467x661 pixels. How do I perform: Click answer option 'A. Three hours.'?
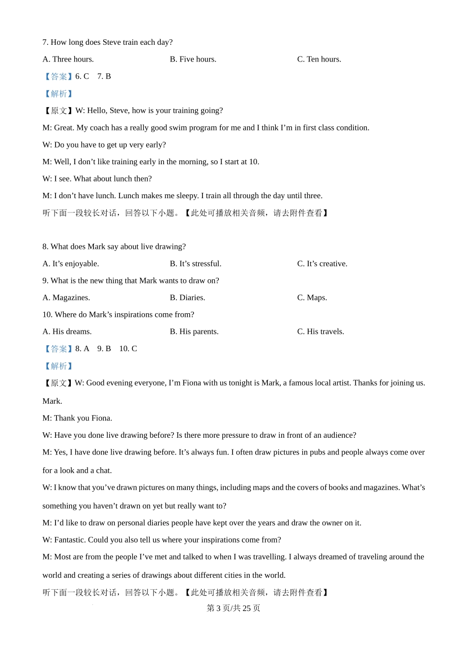click(68, 60)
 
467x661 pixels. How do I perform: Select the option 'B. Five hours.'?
click(193, 60)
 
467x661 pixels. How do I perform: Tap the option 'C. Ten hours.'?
click(319, 60)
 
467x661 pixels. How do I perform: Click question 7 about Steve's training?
click(107, 42)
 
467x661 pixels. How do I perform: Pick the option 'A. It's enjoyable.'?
click(71, 264)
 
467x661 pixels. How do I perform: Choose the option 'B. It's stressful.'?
click(196, 264)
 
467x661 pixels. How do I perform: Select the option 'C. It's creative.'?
click(322, 264)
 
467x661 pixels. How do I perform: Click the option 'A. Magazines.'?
click(66, 298)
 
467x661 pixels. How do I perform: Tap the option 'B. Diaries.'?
click(187, 298)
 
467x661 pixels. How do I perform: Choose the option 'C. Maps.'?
click(312, 298)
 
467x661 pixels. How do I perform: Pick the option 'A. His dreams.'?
click(67, 332)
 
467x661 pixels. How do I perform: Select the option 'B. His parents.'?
click(194, 332)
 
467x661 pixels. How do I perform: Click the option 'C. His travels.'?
click(321, 332)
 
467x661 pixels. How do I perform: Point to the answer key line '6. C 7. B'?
click(93, 77)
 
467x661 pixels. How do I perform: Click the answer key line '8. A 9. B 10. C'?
click(106, 349)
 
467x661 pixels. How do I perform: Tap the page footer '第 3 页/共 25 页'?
click(233, 608)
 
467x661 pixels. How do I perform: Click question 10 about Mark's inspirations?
click(118, 315)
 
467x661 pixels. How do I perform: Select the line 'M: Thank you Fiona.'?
click(77, 419)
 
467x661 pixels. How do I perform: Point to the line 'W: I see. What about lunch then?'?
click(97, 179)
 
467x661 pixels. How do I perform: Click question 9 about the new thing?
click(131, 281)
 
